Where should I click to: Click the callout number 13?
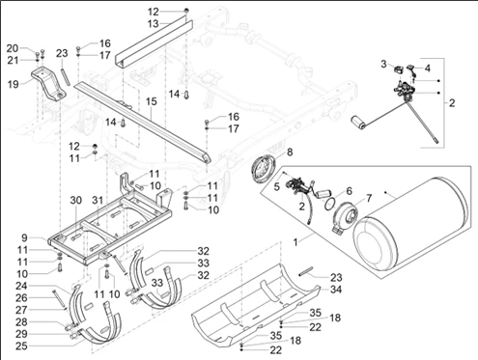pos(154,24)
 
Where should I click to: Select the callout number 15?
pos(151,101)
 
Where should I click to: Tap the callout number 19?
pos(14,85)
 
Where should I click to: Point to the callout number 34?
pos(336,290)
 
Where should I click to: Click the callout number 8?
pos(290,152)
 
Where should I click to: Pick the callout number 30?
pos(76,200)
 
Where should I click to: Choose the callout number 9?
pos(25,238)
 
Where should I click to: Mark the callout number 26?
pos(22,298)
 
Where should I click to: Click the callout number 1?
pos(295,242)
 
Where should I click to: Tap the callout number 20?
pos(13,48)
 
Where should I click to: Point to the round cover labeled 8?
pos(264,169)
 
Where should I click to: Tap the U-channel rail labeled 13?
pos(154,44)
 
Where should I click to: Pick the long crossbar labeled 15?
pos(142,123)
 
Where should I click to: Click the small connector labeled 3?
pos(399,69)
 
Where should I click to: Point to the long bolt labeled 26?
pos(59,299)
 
